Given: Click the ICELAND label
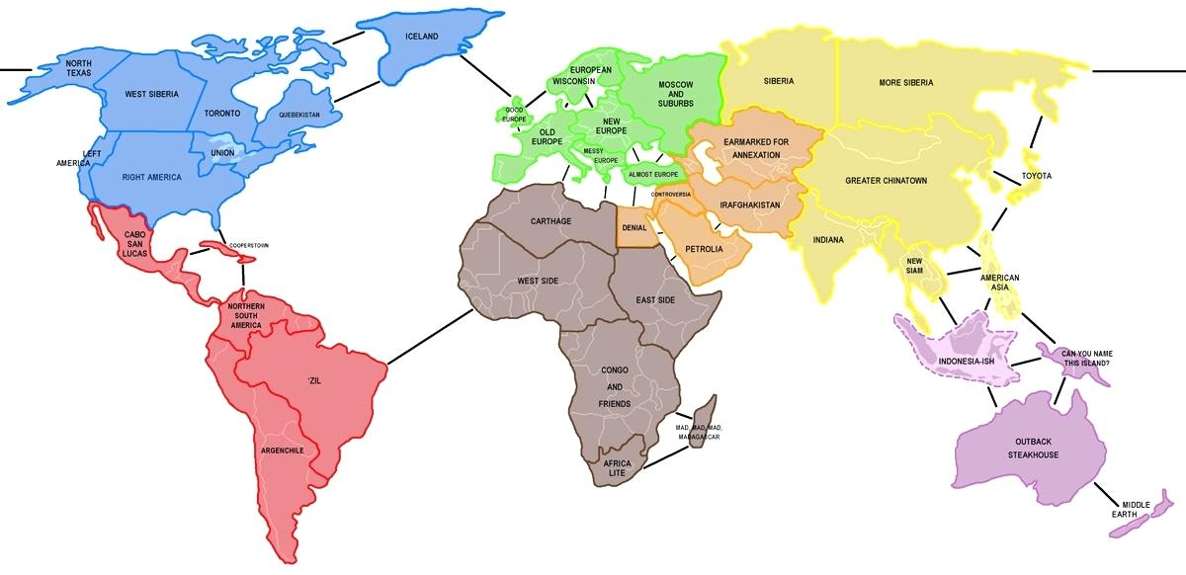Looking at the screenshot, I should (421, 37).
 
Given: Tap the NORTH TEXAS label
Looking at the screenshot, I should (78, 67).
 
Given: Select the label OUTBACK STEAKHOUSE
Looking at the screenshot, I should (1033, 448).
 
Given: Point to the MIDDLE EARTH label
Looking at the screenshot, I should (1136, 510).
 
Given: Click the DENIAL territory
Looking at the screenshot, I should (634, 227).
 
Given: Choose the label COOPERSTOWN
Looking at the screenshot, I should (249, 244).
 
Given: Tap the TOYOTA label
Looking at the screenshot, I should (1037, 176).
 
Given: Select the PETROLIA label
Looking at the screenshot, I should (704, 249).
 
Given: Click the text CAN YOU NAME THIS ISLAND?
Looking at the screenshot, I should (1085, 358).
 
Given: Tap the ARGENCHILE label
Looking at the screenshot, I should (282, 451).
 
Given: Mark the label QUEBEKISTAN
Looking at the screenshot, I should (299, 115).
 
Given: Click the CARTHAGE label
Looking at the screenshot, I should (551, 220).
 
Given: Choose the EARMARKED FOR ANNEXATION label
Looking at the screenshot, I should (756, 148).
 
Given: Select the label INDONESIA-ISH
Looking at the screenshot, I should (966, 362).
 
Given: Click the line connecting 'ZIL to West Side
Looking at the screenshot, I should (429, 336).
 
